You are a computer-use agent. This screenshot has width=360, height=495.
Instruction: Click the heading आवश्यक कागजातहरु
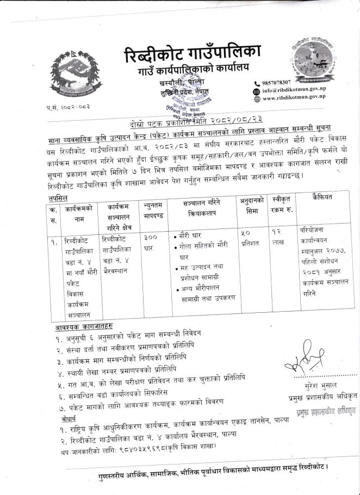(x=84, y=326)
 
